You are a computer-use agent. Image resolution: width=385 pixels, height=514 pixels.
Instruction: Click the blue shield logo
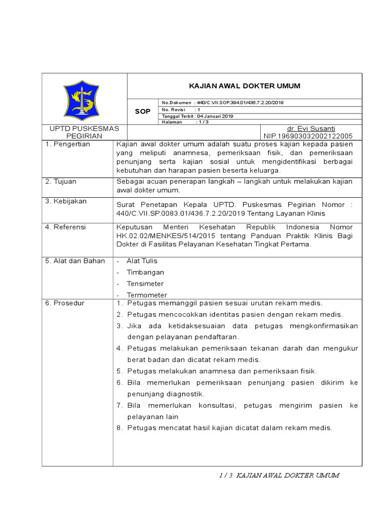coord(85,99)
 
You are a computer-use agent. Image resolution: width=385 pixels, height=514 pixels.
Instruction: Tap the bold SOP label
coord(143,111)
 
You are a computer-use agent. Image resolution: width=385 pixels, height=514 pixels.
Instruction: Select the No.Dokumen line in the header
coord(223,102)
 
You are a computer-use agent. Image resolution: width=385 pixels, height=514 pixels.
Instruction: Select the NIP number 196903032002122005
coord(308,136)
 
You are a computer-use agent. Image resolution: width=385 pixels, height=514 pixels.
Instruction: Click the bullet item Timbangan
coord(145,272)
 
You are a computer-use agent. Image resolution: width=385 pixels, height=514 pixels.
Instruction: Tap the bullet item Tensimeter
coord(145,284)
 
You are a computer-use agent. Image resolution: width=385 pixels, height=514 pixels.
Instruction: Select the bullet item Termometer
coord(147,295)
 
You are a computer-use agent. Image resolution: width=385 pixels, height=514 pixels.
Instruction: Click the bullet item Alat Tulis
coord(142,261)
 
